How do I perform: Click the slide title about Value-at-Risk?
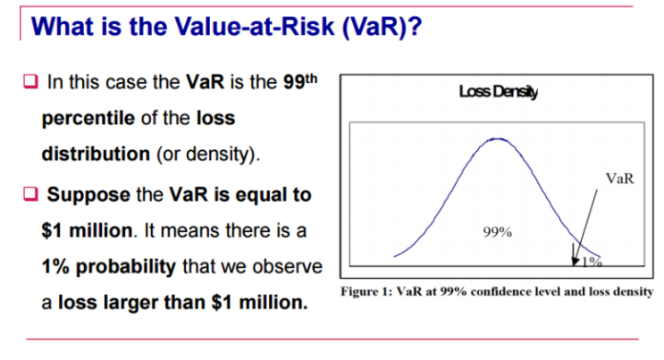coord(224,26)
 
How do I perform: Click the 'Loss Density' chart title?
coord(492,91)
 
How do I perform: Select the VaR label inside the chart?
coord(619,178)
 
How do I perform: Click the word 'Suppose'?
coord(86,194)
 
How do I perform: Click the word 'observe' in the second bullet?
coord(287,267)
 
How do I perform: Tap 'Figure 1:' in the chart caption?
coord(367,292)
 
